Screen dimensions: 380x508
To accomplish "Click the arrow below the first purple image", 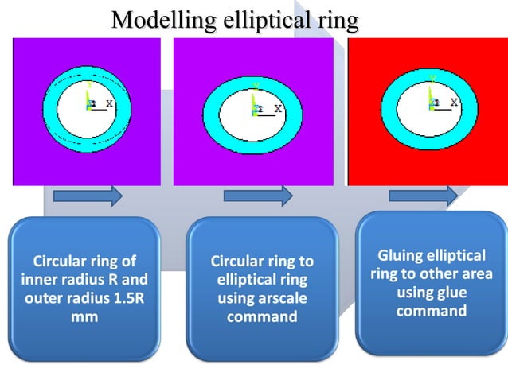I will tap(88, 196).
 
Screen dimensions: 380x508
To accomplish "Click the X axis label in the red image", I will tap(454, 103).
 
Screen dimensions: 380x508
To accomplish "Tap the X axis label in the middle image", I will tap(279, 108).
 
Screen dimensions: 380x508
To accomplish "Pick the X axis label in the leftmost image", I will tap(109, 103).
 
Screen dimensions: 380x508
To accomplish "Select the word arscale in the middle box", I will tap(279, 299).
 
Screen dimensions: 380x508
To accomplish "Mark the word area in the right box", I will tap(477, 274).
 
